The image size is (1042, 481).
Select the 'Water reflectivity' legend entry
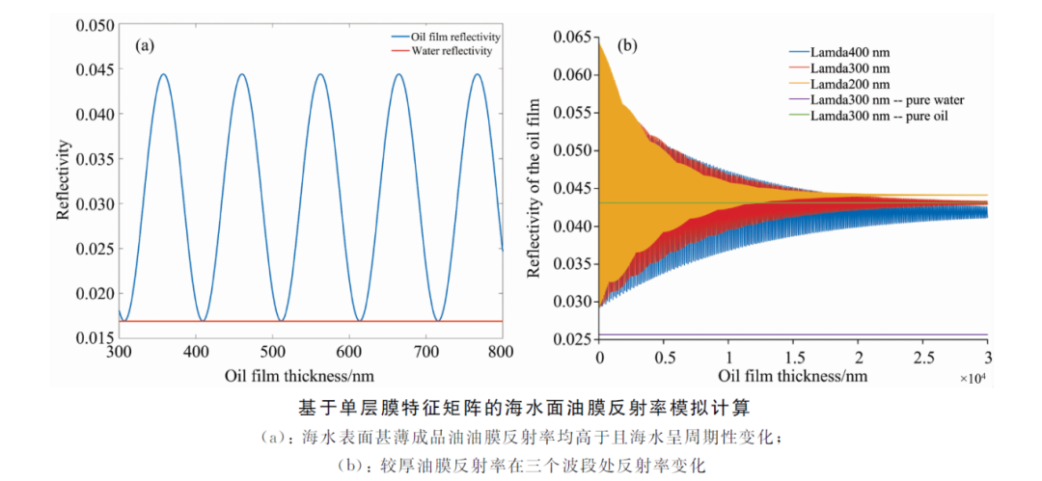tap(441, 50)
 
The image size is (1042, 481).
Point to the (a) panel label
tap(145, 45)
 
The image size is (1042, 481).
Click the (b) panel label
tap(628, 45)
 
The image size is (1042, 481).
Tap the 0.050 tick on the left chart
tap(95, 25)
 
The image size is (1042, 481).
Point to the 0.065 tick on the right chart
tap(571, 37)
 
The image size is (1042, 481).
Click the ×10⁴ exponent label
tap(973, 377)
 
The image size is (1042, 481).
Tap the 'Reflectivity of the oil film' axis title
tap(533, 188)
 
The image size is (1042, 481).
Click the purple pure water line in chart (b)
tap(793, 334)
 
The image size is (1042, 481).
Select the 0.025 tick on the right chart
tap(571, 339)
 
